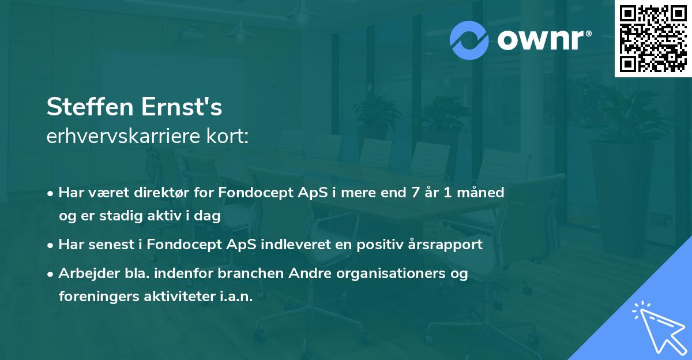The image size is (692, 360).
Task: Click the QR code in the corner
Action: tap(652, 38)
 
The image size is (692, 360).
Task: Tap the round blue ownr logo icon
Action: tap(469, 40)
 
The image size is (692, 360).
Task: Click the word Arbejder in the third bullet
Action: tap(84, 273)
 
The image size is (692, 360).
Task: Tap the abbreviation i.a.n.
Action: tap(235, 297)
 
